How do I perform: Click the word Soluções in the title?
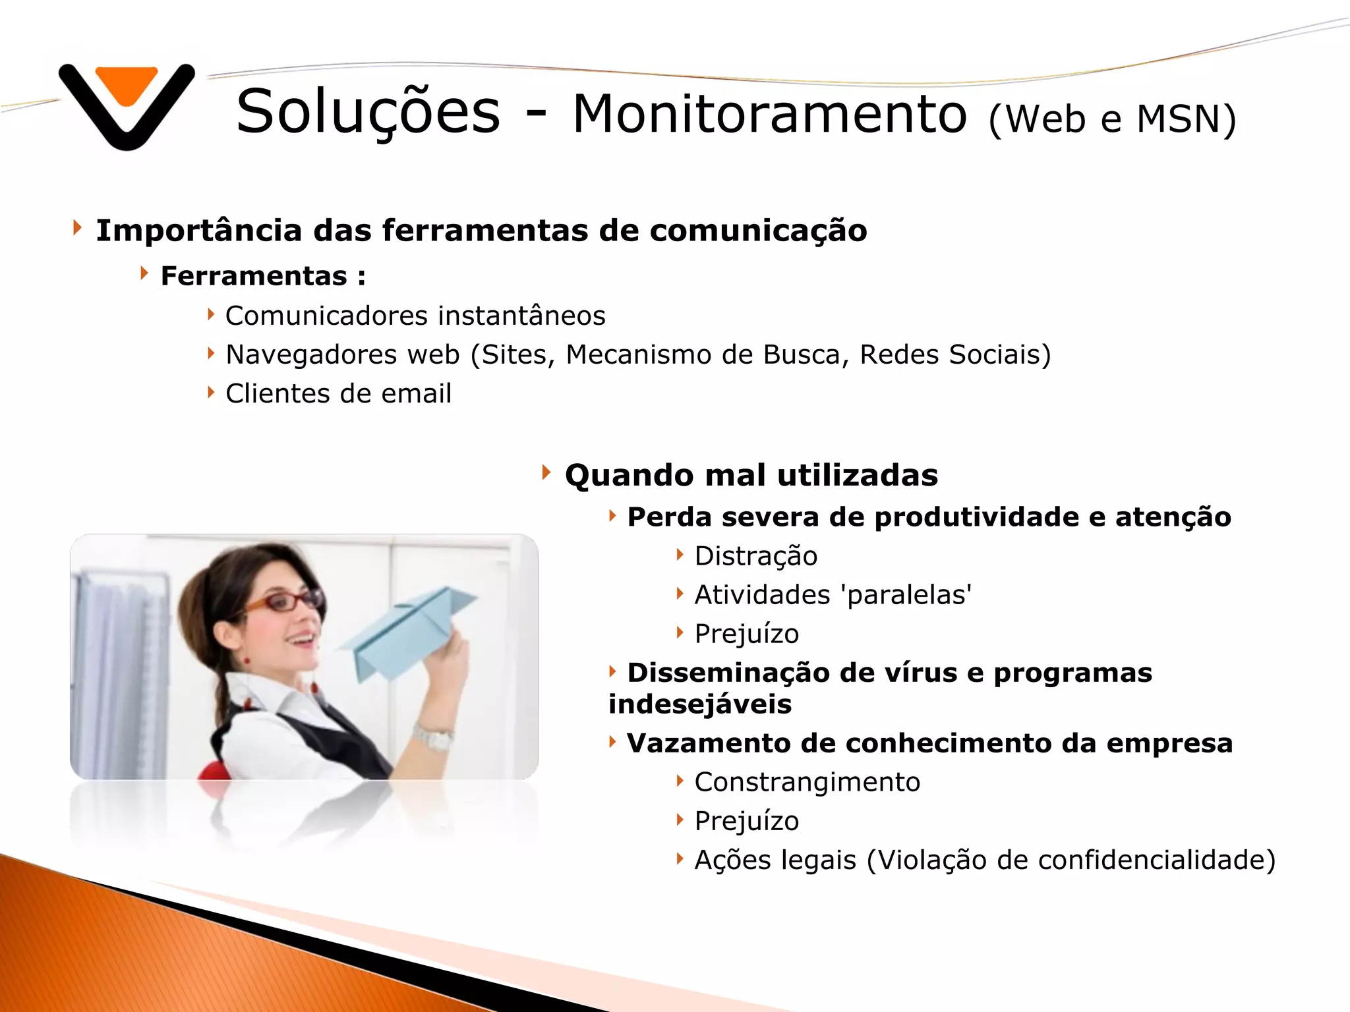[368, 112]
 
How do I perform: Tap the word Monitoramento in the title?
[769, 115]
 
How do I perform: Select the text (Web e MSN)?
[1112, 119]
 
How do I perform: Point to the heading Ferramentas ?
[262, 276]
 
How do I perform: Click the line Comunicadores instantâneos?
[415, 316]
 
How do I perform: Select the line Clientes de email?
[338, 394]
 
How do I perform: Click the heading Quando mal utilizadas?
[751, 476]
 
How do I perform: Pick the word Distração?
[755, 556]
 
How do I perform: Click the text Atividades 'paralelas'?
[833, 595]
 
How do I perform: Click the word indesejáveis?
[699, 704]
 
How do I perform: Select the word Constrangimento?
[807, 782]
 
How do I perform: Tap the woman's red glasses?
[283, 602]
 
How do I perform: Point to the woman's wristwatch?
[433, 737]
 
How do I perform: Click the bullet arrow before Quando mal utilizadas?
[546, 472]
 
